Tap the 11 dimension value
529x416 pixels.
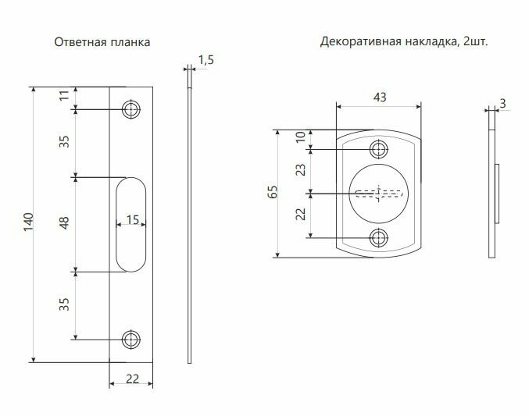(x=65, y=98)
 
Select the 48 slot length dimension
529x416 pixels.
(x=65, y=224)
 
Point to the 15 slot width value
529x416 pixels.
(x=133, y=221)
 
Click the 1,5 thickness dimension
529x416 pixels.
(x=206, y=59)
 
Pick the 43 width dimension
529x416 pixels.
(x=380, y=98)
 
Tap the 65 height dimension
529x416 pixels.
(x=273, y=193)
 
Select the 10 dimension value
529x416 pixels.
(x=301, y=137)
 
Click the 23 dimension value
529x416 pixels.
(x=301, y=169)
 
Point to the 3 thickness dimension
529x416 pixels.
(x=502, y=103)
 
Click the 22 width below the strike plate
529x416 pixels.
(x=132, y=379)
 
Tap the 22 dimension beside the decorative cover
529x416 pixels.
(x=301, y=215)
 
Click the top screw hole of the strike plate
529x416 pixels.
(x=130, y=108)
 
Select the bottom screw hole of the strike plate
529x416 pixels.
(x=130, y=338)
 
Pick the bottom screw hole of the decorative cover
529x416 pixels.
(x=379, y=238)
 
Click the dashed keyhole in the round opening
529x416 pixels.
(x=379, y=193)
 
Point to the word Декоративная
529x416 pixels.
(x=356, y=42)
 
